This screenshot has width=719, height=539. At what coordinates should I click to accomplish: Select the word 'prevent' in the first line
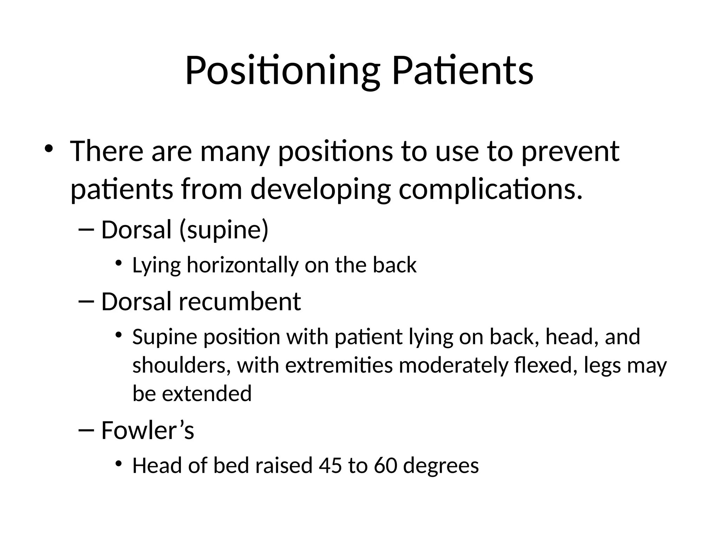tap(570, 152)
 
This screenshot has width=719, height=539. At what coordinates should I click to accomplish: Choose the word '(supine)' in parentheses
tap(224, 230)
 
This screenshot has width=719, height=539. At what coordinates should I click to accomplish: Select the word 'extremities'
tap(339, 365)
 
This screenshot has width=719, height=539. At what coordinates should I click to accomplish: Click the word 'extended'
tap(207, 394)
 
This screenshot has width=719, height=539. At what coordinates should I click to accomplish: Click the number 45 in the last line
tap(330, 466)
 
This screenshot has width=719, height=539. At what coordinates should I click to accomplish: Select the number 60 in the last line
tap(385, 466)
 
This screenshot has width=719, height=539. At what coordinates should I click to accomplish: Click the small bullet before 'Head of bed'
tap(118, 464)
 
